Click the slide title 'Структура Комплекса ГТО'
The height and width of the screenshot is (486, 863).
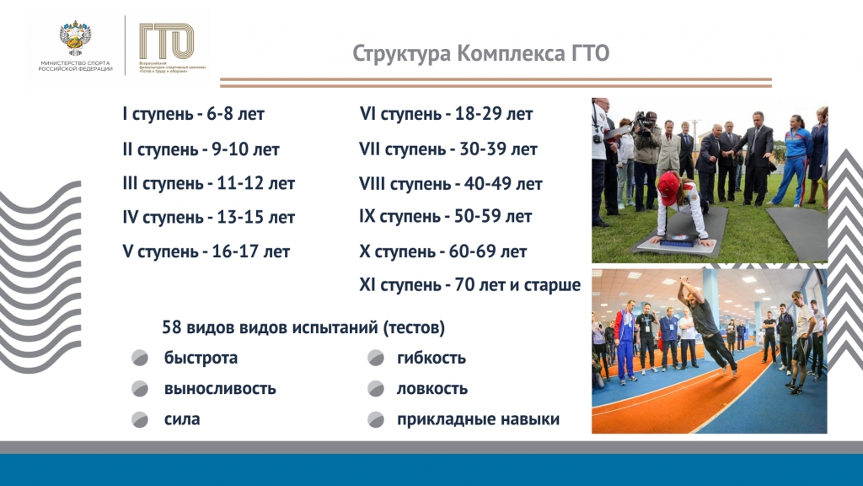pyautogui.click(x=480, y=54)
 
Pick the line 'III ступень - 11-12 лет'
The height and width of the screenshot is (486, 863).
pyautogui.click(x=209, y=183)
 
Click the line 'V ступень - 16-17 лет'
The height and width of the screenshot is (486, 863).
pyautogui.click(x=206, y=251)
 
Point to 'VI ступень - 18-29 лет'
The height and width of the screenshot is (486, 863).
pyautogui.click(x=446, y=114)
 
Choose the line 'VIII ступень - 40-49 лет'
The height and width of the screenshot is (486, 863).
pyautogui.click(x=450, y=183)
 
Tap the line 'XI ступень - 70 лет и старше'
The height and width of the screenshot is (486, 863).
pyautogui.click(x=469, y=285)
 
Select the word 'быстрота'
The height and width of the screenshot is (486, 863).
pyautogui.click(x=201, y=358)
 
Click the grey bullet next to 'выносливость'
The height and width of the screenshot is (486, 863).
pyautogui.click(x=140, y=390)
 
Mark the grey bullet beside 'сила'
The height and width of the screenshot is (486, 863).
pyautogui.click(x=140, y=419)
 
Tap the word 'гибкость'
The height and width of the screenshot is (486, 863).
pyautogui.click(x=431, y=358)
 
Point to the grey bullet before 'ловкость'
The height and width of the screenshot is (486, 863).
pyautogui.click(x=376, y=390)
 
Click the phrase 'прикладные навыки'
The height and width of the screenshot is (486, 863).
pyautogui.click(x=478, y=419)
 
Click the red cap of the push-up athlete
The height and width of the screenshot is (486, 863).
pyautogui.click(x=667, y=181)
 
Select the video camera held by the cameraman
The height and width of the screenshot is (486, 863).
pyautogui.click(x=645, y=122)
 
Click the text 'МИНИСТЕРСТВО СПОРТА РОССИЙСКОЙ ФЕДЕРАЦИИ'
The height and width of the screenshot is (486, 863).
pyautogui.click(x=76, y=67)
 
